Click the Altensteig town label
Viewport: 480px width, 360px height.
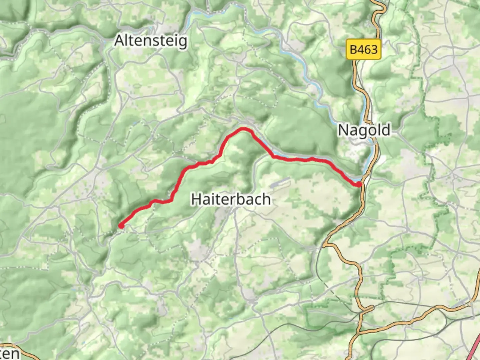click(x=151, y=41)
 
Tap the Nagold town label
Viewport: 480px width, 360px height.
click(x=364, y=130)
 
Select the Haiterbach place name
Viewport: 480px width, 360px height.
click(x=231, y=199)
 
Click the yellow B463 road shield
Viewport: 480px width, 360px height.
click(x=364, y=50)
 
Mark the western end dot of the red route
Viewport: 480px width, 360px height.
click(x=121, y=226)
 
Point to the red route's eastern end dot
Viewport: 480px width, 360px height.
click(x=359, y=184)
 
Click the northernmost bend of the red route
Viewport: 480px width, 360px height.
click(x=244, y=129)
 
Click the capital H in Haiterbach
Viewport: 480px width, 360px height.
click(x=196, y=199)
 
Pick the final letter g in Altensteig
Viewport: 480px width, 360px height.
click(x=182, y=42)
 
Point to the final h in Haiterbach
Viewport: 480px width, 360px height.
click(x=266, y=199)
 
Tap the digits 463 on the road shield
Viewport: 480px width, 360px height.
click(x=368, y=50)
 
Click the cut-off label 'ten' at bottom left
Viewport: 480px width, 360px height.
click(x=9, y=353)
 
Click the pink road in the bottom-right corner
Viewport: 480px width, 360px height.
click(x=475, y=350)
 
